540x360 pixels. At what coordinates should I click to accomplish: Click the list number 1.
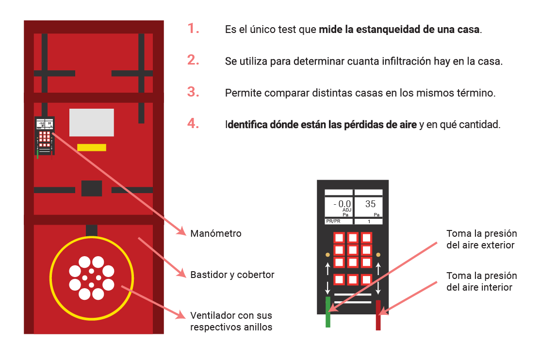[x=194, y=28]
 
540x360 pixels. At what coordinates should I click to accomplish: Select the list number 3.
[x=194, y=92]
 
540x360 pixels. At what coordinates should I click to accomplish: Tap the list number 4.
[x=194, y=123]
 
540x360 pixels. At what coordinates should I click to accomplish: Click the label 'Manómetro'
[x=216, y=233]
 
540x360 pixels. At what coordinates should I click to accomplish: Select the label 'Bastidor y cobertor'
[x=232, y=275]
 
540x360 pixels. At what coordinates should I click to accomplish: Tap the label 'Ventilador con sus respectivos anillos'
[x=231, y=321]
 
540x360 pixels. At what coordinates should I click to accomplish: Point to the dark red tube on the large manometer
[x=378, y=315]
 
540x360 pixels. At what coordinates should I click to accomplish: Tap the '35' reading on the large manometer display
[x=370, y=204]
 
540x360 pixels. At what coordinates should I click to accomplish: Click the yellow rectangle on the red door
[x=92, y=147]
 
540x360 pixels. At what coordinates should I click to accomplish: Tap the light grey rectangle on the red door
[x=92, y=122]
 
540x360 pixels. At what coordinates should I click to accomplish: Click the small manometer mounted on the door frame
[x=44, y=136]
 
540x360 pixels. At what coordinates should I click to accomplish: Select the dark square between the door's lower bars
[x=92, y=188]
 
